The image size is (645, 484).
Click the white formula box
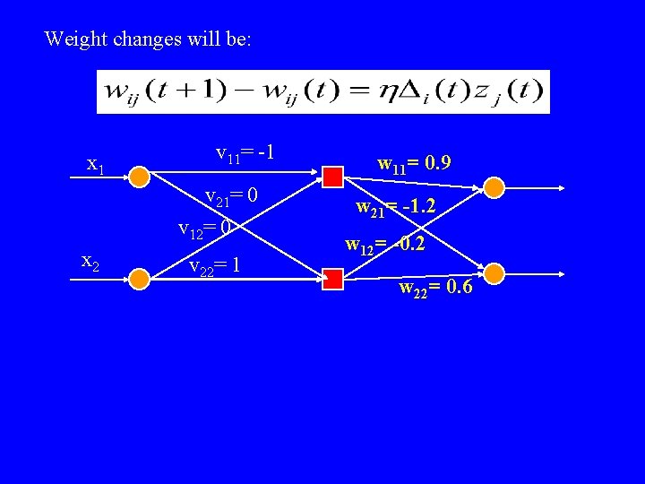[x=323, y=91]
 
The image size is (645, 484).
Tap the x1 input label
[x=96, y=164]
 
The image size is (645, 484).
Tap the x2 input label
[x=90, y=262]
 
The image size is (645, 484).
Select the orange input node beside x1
[x=139, y=177]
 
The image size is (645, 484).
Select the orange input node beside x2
[x=139, y=279]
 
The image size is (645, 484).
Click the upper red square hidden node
[x=333, y=177]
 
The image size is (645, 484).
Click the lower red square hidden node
[x=333, y=281]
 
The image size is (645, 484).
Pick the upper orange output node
[x=494, y=186]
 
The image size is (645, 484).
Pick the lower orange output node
[x=494, y=272]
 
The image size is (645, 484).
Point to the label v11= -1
[x=245, y=154]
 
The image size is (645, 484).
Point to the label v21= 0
[x=232, y=196]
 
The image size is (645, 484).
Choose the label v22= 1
[x=214, y=265]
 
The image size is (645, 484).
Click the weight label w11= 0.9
[x=414, y=163]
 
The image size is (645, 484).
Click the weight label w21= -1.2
[x=397, y=209]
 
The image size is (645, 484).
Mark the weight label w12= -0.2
[x=387, y=245]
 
